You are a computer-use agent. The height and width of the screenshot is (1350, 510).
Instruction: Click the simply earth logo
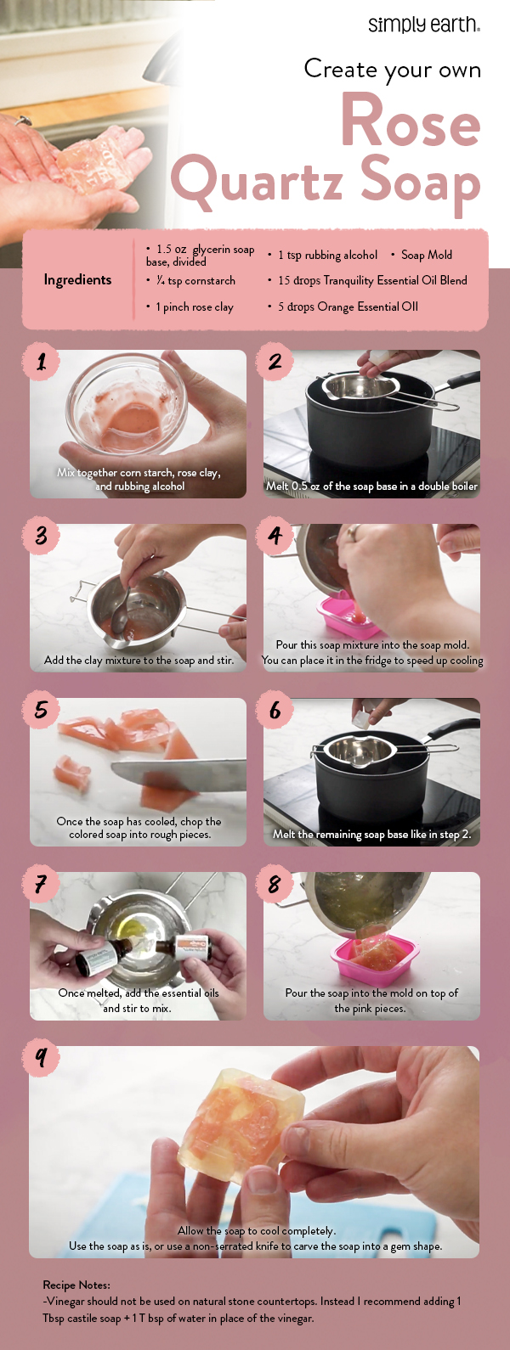[423, 25]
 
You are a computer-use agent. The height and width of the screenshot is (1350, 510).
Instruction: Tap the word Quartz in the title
[258, 181]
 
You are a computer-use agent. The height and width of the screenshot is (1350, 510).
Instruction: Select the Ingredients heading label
[77, 280]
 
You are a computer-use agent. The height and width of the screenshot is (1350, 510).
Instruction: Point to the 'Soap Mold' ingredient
[426, 255]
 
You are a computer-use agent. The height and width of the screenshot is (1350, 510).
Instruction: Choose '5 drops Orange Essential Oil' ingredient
[348, 307]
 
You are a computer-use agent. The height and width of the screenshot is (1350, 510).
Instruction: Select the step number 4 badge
[275, 537]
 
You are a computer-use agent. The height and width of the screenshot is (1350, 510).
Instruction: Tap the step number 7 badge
[41, 885]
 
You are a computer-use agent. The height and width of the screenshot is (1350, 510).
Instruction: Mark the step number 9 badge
[41, 1058]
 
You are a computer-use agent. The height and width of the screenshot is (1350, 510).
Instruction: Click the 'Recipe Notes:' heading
[76, 1285]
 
